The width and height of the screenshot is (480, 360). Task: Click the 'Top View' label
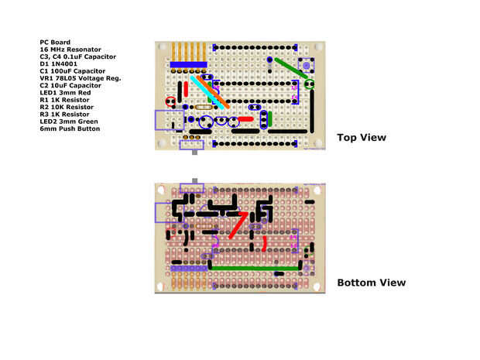click(x=362, y=138)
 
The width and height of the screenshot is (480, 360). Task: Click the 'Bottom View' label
click(x=372, y=283)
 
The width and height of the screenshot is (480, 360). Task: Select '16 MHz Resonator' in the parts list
click(x=70, y=50)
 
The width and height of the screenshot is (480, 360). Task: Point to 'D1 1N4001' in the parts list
click(x=59, y=64)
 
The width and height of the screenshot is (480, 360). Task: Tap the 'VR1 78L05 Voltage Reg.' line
click(x=81, y=78)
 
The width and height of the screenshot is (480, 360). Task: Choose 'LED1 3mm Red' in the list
click(x=65, y=93)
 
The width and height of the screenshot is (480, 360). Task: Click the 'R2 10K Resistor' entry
click(x=67, y=107)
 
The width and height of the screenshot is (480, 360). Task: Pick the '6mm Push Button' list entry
click(x=70, y=129)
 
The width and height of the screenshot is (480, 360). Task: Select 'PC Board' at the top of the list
click(x=55, y=43)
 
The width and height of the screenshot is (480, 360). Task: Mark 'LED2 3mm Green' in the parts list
click(x=69, y=122)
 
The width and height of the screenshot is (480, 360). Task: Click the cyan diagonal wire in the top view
click(x=207, y=92)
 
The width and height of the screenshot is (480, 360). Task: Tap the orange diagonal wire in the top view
click(x=213, y=91)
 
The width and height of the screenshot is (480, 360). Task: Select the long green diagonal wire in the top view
click(x=291, y=67)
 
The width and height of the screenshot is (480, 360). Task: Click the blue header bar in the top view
click(x=189, y=64)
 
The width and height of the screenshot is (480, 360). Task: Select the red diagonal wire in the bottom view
click(x=238, y=225)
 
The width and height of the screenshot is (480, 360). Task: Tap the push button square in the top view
click(x=306, y=65)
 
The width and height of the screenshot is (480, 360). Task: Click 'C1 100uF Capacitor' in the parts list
click(x=73, y=71)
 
